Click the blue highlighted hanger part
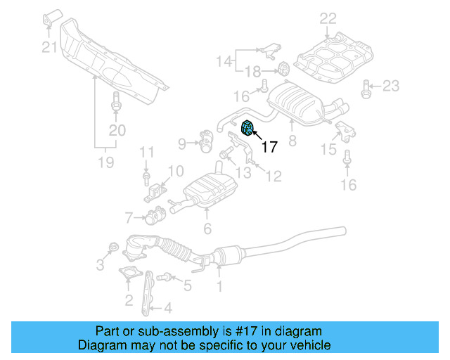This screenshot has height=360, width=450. (248, 127)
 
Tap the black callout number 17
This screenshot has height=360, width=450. (269, 147)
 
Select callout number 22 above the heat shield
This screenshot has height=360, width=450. (328, 18)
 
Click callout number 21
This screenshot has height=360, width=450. (48, 48)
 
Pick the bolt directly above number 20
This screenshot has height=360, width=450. (116, 100)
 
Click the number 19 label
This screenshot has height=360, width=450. (105, 164)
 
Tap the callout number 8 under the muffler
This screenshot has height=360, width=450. (292, 141)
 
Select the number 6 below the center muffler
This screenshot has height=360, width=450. (207, 228)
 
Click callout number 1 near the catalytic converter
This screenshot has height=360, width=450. (219, 286)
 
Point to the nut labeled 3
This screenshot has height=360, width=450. (111, 247)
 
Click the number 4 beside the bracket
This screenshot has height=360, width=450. (167, 307)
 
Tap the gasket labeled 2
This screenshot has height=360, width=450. (129, 275)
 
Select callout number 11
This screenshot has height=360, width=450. (146, 152)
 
